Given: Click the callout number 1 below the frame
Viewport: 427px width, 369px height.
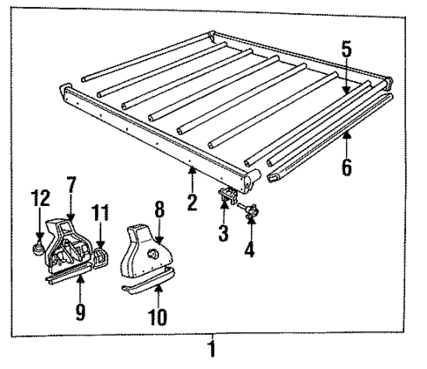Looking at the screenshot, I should pyautogui.click(x=210, y=350).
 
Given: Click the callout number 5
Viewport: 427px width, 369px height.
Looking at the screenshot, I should pyautogui.click(x=347, y=50).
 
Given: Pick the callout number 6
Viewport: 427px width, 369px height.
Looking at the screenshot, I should pyautogui.click(x=347, y=164).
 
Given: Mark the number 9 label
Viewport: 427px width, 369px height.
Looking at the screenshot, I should pyautogui.click(x=79, y=311).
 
